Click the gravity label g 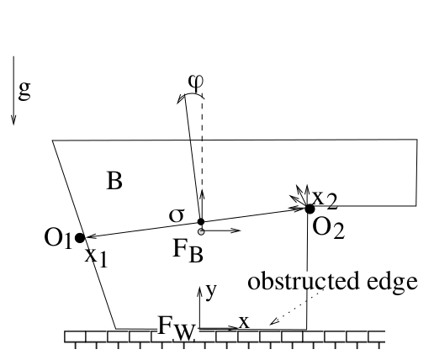(x=24, y=91)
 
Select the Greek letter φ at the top (x=196, y=82)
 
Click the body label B (x=114, y=181)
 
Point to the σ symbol (x=177, y=215)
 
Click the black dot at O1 (x=80, y=238)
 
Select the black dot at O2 (x=310, y=209)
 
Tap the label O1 (x=58, y=238)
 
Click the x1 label (x=96, y=257)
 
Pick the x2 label (x=325, y=199)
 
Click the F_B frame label (x=188, y=251)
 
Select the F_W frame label (x=177, y=328)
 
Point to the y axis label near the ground (x=211, y=292)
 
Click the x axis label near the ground (x=244, y=322)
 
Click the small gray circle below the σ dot (x=201, y=232)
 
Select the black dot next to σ (x=201, y=221)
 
